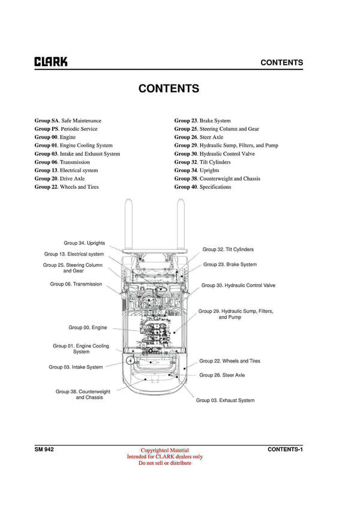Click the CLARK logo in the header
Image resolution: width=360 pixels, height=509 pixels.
click(x=51, y=62)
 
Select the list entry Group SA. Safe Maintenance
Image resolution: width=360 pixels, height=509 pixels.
click(x=68, y=121)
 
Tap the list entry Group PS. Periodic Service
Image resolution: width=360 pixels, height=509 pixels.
click(x=66, y=129)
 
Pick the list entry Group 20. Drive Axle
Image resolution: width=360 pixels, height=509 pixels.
click(x=59, y=179)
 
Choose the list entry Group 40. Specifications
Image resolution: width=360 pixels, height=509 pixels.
click(x=202, y=187)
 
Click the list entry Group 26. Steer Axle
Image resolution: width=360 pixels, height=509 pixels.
click(x=199, y=137)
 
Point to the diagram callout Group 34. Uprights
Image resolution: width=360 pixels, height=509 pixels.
click(x=85, y=243)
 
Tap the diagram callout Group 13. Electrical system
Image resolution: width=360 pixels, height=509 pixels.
click(x=74, y=254)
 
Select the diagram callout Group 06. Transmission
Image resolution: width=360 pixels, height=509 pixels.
click(x=76, y=284)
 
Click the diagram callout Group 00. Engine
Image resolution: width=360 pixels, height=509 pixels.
click(x=88, y=328)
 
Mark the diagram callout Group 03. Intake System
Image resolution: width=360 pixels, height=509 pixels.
click(x=76, y=367)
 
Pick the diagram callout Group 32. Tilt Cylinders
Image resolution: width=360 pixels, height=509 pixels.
click(x=228, y=249)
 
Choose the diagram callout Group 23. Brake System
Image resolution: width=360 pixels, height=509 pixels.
click(x=230, y=264)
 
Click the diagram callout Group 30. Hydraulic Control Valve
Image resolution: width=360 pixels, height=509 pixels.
click(x=238, y=285)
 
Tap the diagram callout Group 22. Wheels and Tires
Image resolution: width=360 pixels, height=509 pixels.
click(x=230, y=361)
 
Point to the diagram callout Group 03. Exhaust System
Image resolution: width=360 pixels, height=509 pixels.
click(x=225, y=400)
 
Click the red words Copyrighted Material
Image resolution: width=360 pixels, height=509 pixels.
click(x=164, y=450)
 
